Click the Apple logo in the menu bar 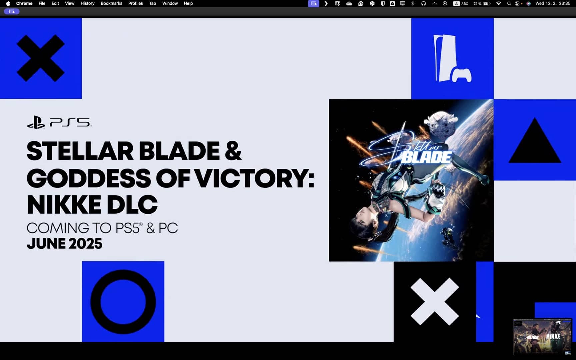pos(8,3)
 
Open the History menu pos(87,3)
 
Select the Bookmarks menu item pos(111,3)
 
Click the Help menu pos(188,3)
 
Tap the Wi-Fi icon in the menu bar pos(499,3)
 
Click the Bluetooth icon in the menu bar pos(413,3)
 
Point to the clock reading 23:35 pos(565,3)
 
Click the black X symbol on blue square pos(41,58)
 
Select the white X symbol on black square pos(435,302)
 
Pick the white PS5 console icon pos(452,58)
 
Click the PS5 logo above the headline pos(59,123)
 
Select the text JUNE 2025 pos(64,244)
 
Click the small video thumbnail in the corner pos(542,337)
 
